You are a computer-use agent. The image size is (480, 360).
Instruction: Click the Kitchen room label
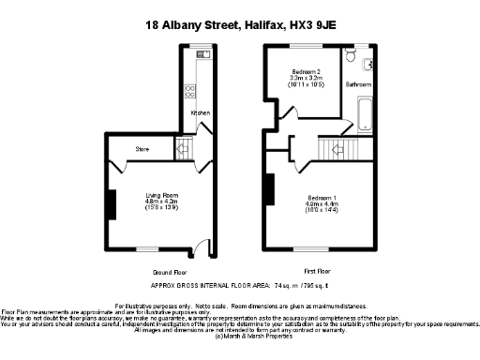[x=201, y=113]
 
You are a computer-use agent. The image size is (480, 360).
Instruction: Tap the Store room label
[x=142, y=148]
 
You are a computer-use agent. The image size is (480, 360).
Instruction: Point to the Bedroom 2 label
[x=306, y=72]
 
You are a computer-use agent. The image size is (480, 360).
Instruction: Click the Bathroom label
[x=358, y=84]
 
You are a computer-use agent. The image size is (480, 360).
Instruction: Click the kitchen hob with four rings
[x=190, y=91]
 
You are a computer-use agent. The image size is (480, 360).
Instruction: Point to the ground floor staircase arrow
[x=183, y=147]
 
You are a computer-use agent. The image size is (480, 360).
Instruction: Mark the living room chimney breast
[x=109, y=203]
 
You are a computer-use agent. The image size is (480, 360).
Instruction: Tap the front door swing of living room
[x=202, y=249]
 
